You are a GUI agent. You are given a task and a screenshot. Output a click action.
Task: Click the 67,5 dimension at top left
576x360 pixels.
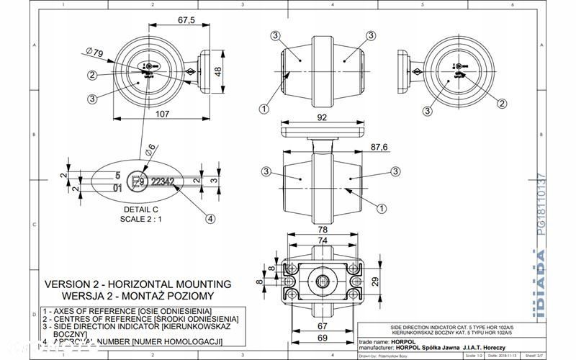pyautogui.click(x=186, y=21)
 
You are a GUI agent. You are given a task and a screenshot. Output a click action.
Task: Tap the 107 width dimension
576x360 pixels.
pyautogui.click(x=142, y=113)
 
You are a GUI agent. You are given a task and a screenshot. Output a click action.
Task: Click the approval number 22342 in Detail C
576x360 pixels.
pyautogui.click(x=162, y=183)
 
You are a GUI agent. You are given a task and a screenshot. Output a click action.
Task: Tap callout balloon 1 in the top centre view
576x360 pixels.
pyautogui.click(x=264, y=108)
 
